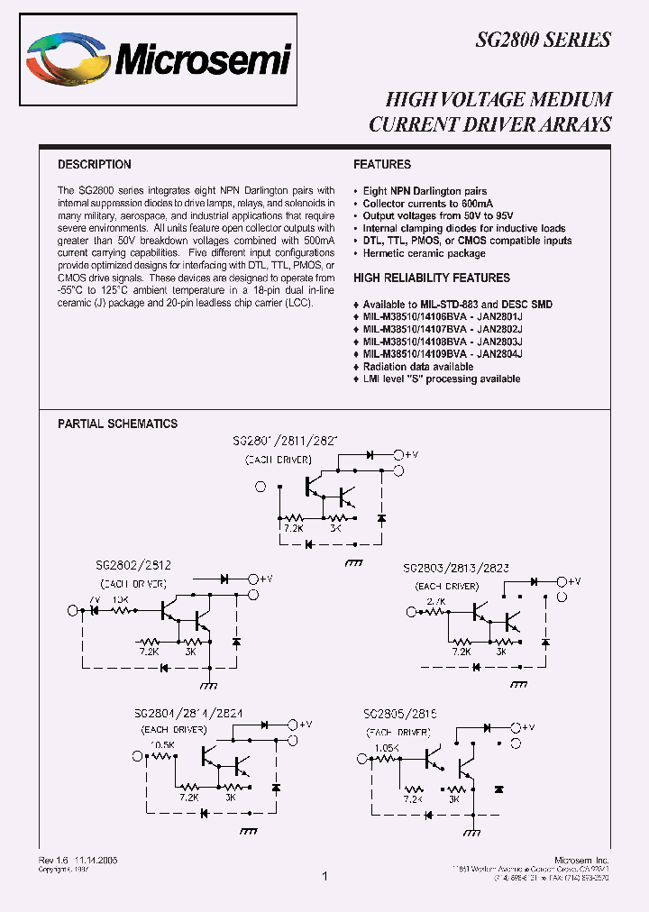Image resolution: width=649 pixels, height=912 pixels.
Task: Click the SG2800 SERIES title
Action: pyautogui.click(x=544, y=40)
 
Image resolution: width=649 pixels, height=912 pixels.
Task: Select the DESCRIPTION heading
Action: pyautogui.click(x=95, y=165)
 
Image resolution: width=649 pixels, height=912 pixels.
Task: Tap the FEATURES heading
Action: pyautogui.click(x=382, y=165)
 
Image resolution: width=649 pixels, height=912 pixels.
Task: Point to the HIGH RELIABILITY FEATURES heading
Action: pyautogui.click(x=432, y=278)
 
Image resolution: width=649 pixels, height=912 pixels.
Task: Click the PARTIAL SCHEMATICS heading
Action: pyautogui.click(x=118, y=424)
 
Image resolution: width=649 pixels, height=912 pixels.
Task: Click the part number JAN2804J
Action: pyautogui.click(x=501, y=355)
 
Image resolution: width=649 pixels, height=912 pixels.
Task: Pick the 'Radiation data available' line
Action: pyautogui.click(x=417, y=367)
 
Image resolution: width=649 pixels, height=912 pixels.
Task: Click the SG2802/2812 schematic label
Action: pyautogui.click(x=134, y=565)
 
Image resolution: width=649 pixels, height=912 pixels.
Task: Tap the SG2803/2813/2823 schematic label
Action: pyautogui.click(x=456, y=569)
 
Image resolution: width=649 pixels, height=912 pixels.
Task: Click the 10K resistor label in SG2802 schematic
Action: pyautogui.click(x=120, y=598)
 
